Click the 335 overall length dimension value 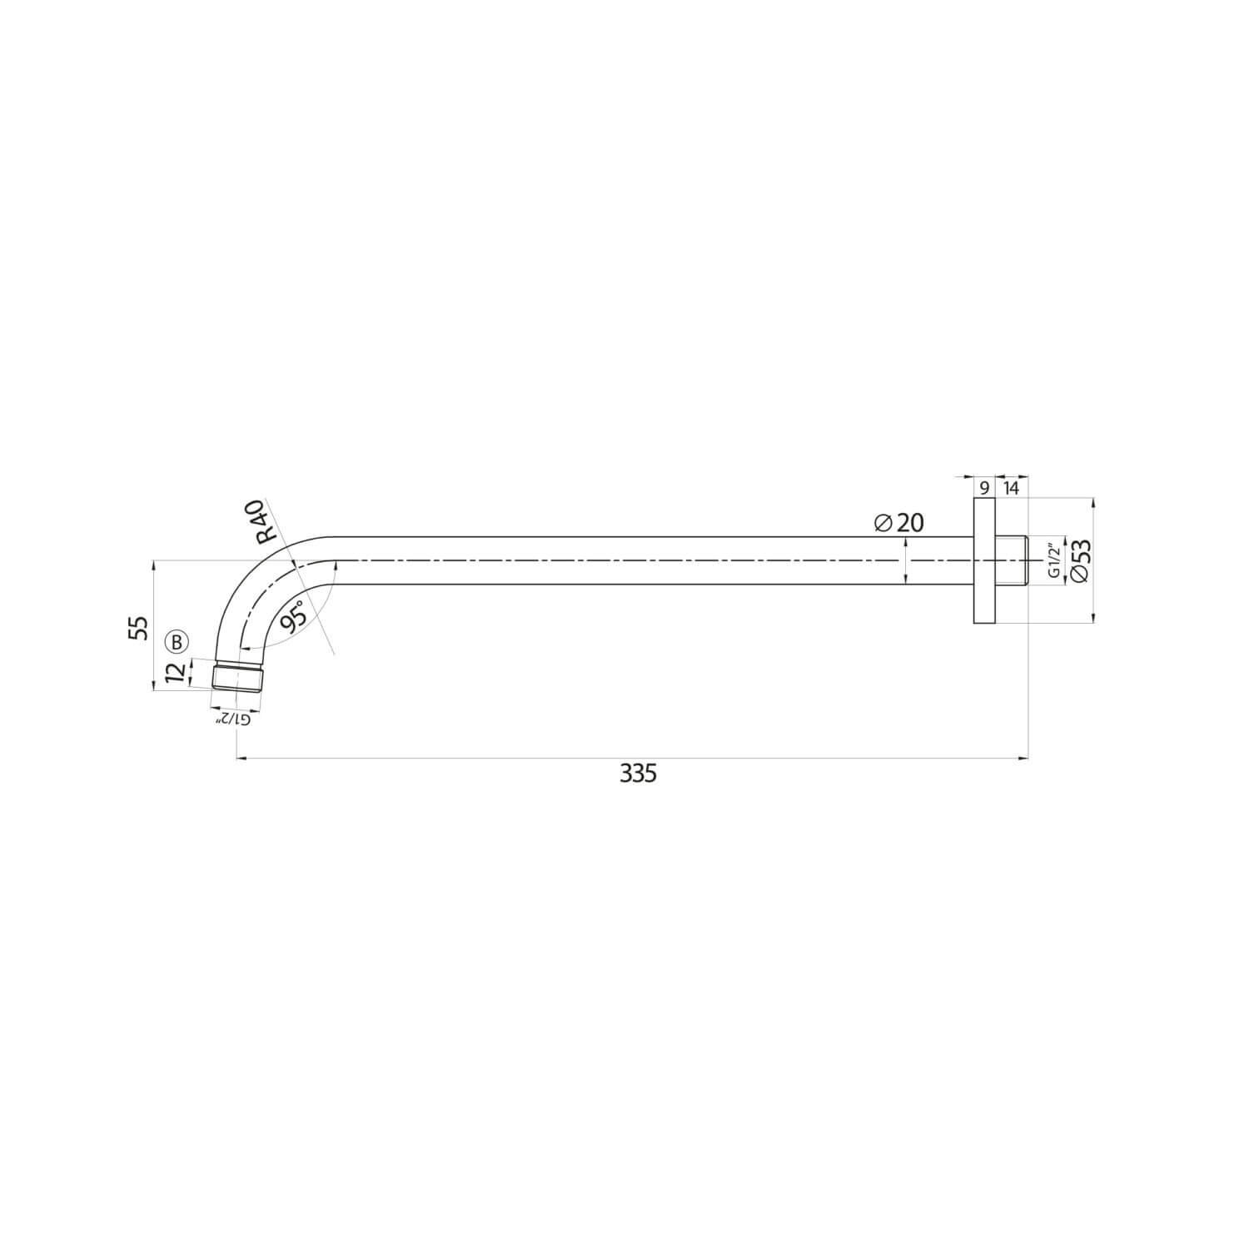(x=638, y=774)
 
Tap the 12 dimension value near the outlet (x=175, y=673)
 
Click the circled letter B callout (x=177, y=641)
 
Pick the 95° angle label (x=291, y=617)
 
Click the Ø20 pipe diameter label (x=899, y=522)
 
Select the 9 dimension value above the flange (x=983, y=488)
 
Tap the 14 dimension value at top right (x=1010, y=488)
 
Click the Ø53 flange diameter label (x=1080, y=560)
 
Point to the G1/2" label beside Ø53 (x=1053, y=560)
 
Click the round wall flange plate (x=983, y=560)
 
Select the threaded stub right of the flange (x=1011, y=560)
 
